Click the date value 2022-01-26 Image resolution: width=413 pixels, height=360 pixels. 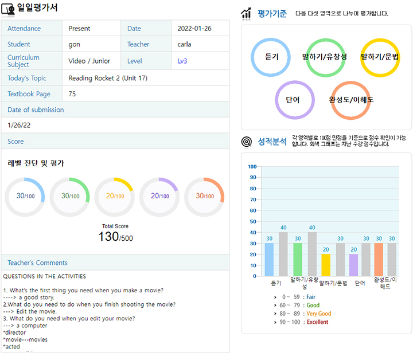point(195,29)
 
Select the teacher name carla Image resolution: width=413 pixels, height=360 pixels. point(185,44)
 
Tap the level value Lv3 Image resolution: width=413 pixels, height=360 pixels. point(182,61)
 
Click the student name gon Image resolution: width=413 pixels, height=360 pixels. point(73,44)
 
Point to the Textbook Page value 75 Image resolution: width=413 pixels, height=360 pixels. point(72,94)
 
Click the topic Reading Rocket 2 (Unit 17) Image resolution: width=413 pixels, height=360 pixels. point(108,78)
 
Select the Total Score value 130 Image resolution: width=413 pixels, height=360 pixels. point(108,236)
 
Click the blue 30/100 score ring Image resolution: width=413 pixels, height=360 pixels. point(25,197)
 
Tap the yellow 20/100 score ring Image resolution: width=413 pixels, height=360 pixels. point(115,197)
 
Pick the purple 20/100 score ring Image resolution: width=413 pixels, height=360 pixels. point(159,197)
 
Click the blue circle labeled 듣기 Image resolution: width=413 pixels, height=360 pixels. point(272,57)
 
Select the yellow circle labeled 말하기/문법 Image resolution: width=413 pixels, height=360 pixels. point(380,57)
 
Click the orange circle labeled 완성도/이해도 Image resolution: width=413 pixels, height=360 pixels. point(351,100)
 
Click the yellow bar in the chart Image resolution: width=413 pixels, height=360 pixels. point(326,265)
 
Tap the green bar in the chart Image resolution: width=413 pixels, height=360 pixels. point(298,259)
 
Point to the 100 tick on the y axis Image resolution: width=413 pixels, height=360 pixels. point(252,167)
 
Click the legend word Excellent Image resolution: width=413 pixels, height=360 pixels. point(317,322)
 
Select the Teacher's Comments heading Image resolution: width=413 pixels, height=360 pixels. point(37,263)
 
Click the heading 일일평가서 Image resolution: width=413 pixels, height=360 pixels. point(38,8)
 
